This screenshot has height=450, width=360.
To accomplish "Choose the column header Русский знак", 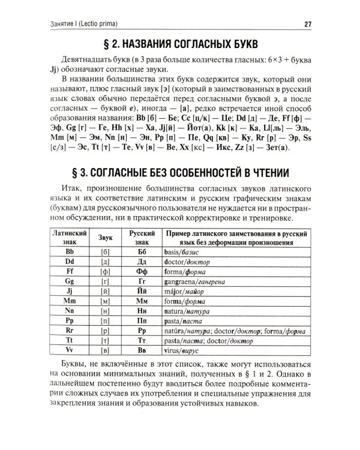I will [x=142, y=236].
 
